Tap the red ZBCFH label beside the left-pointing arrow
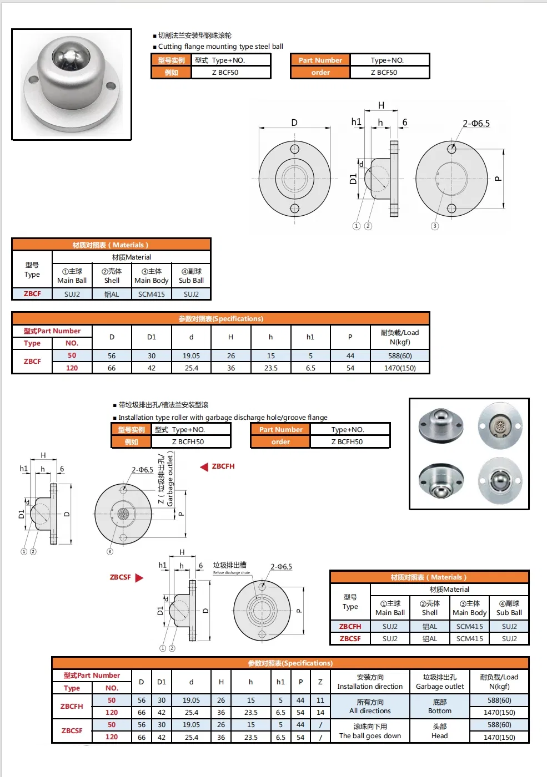pyautogui.click(x=223, y=466)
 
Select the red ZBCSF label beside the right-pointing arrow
pyautogui.click(x=120, y=577)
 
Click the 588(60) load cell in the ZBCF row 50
pyautogui.click(x=400, y=356)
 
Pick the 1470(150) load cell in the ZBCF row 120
pyautogui.click(x=400, y=368)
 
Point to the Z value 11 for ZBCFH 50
pyautogui.click(x=320, y=700)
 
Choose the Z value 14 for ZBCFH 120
pyautogui.click(x=320, y=713)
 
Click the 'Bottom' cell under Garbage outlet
pyautogui.click(x=440, y=707)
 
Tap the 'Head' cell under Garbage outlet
pyautogui.click(x=440, y=731)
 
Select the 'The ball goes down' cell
pyautogui.click(x=370, y=731)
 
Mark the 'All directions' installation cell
pyautogui.click(x=370, y=707)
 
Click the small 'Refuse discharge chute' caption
pyautogui.click(x=232, y=573)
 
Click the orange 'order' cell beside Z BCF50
pyautogui.click(x=320, y=73)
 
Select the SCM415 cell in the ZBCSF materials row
pyautogui.click(x=469, y=639)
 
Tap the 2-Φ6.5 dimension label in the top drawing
pyautogui.click(x=476, y=124)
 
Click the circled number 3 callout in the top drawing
pyautogui.click(x=435, y=226)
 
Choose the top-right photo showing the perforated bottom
pyautogui.click(x=500, y=425)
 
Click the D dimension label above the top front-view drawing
pyautogui.click(x=294, y=123)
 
